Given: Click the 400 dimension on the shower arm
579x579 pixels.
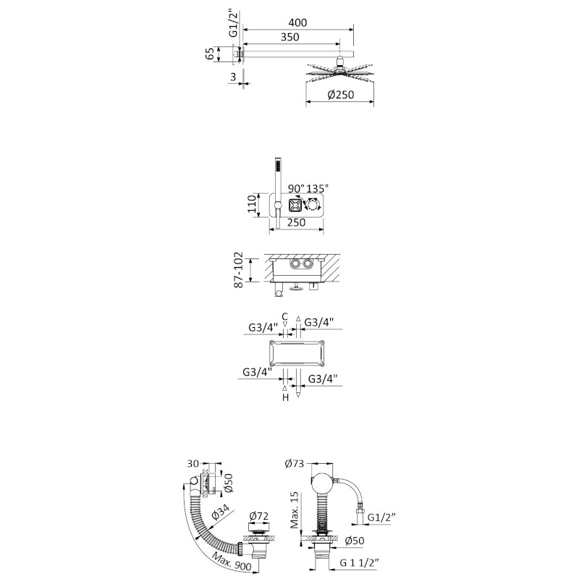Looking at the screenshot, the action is pos(297,23).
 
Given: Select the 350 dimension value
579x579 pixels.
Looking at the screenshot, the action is pos(290,38).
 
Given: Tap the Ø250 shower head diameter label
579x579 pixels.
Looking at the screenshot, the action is pos(340,95).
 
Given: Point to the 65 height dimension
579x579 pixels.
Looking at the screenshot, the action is pos(210,54).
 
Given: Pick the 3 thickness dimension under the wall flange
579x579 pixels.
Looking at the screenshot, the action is pos(233,77).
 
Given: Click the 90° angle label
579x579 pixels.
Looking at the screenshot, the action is pos(297,188).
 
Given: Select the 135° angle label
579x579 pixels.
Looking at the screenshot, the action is pos(317,188).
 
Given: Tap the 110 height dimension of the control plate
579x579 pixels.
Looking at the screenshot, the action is pos(252,204).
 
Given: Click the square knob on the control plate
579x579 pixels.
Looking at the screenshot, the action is pos(295,206).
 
